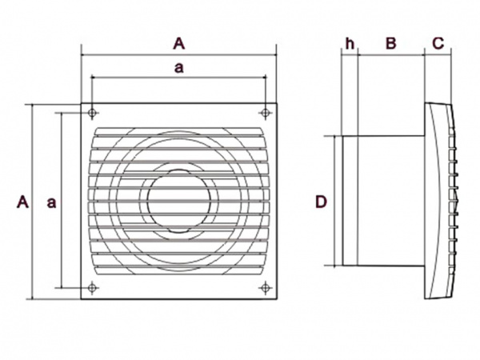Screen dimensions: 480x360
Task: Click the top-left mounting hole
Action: pyautogui.click(x=92, y=113)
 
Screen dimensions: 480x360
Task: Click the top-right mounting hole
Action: pyautogui.click(x=266, y=113)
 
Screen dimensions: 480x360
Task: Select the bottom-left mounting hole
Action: pyautogui.click(x=92, y=288)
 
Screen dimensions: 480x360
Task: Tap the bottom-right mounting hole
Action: pyautogui.click(x=266, y=288)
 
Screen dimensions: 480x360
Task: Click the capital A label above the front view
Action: pyautogui.click(x=178, y=43)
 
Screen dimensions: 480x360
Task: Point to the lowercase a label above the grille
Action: pyautogui.click(x=178, y=68)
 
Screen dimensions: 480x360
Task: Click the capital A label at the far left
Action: pyautogui.click(x=22, y=202)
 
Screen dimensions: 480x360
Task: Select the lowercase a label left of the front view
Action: pyautogui.click(x=51, y=202)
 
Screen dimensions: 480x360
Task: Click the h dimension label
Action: pyautogui.click(x=350, y=43)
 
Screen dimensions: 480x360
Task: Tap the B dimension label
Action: pyautogui.click(x=391, y=43)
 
